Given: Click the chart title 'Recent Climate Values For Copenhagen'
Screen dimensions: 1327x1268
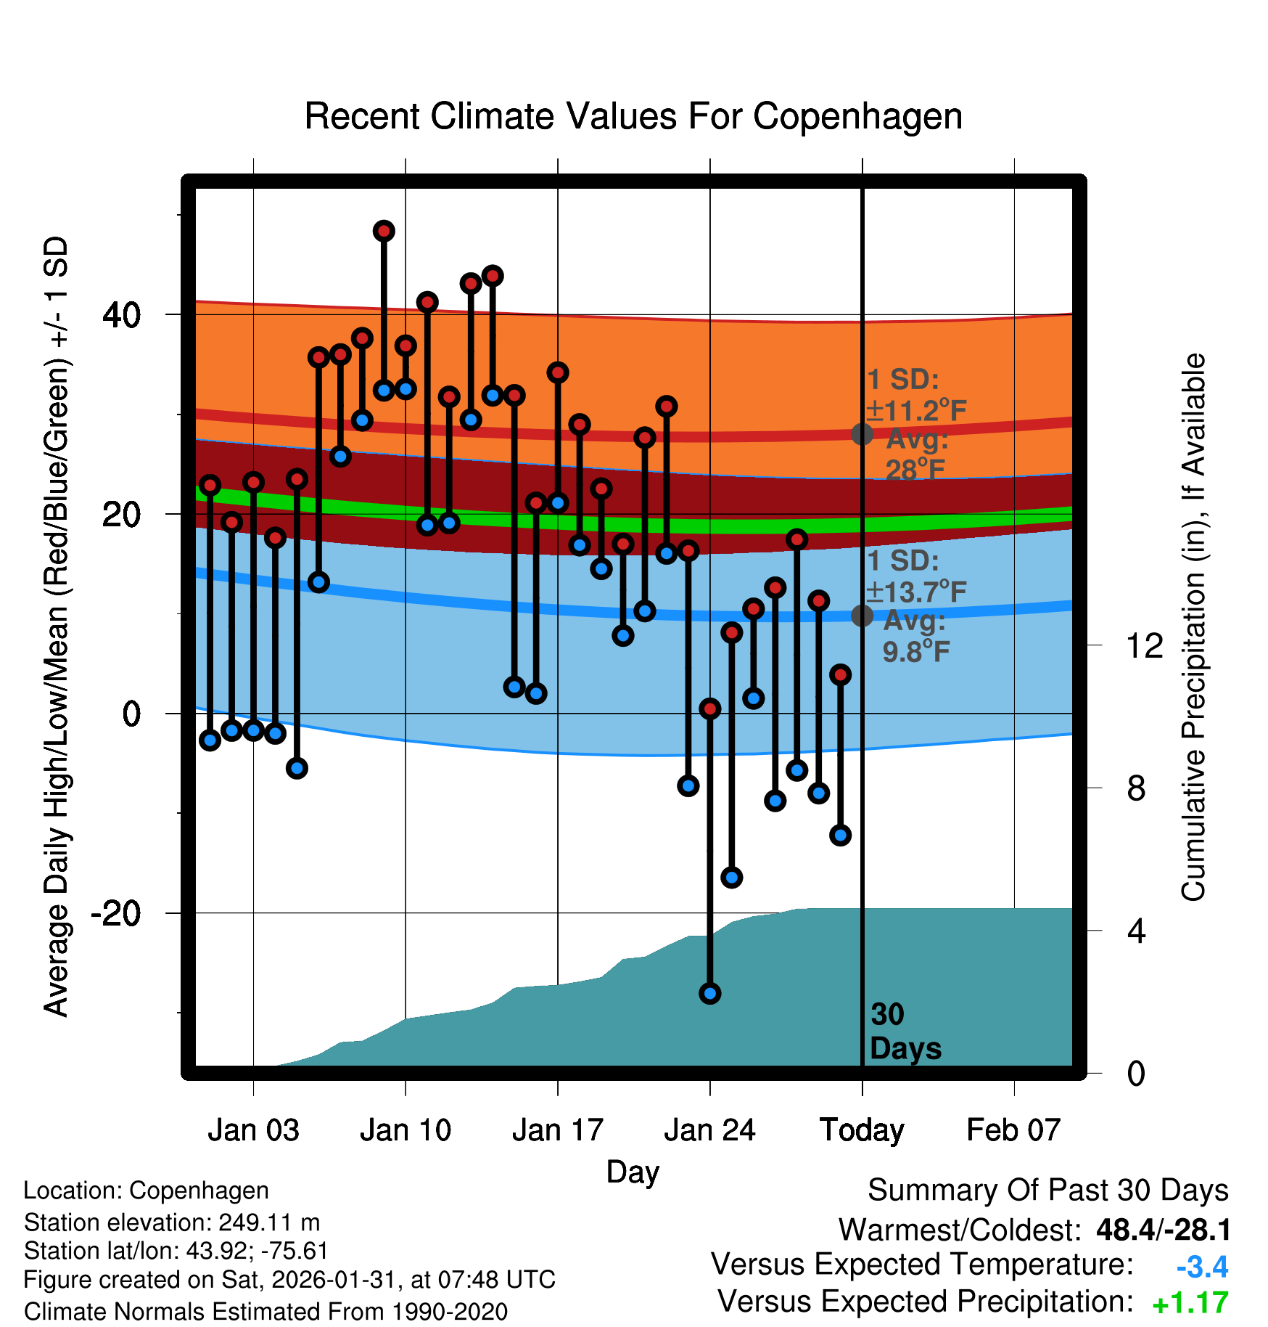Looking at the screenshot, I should [x=633, y=116].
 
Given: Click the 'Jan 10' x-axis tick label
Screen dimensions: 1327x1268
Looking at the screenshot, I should [x=405, y=1130].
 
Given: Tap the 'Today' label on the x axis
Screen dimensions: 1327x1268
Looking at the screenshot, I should [x=862, y=1130].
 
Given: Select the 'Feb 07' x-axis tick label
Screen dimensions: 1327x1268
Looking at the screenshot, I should [x=1013, y=1130].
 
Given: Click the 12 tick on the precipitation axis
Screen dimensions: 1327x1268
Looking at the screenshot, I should [x=1144, y=645].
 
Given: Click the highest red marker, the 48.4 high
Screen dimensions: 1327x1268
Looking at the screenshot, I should [x=384, y=231].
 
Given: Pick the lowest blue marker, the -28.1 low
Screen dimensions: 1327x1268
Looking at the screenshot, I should [x=710, y=993].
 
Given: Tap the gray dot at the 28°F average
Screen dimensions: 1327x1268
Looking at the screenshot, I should [x=862, y=434].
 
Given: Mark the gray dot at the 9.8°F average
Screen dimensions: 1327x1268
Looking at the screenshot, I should [x=862, y=616].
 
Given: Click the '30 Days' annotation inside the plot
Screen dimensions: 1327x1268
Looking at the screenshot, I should [x=905, y=1032].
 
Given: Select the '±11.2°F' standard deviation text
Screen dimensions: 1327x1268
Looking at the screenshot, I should [x=917, y=411].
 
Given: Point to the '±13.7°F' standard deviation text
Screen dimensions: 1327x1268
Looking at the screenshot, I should [x=917, y=592].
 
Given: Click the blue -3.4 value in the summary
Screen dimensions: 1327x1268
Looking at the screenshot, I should [x=1202, y=1267].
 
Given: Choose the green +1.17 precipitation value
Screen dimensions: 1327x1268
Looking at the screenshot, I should [x=1190, y=1304].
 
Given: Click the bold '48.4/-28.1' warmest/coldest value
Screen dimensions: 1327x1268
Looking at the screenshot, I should [x=1163, y=1230].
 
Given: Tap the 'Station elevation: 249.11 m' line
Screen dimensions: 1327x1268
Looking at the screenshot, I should [x=172, y=1222].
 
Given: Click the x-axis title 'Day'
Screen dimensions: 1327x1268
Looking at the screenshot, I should [x=633, y=1172].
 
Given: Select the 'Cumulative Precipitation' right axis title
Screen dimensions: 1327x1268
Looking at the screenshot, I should [x=1193, y=628].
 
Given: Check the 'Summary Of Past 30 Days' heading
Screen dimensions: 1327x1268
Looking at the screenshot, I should [x=1047, y=1191].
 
